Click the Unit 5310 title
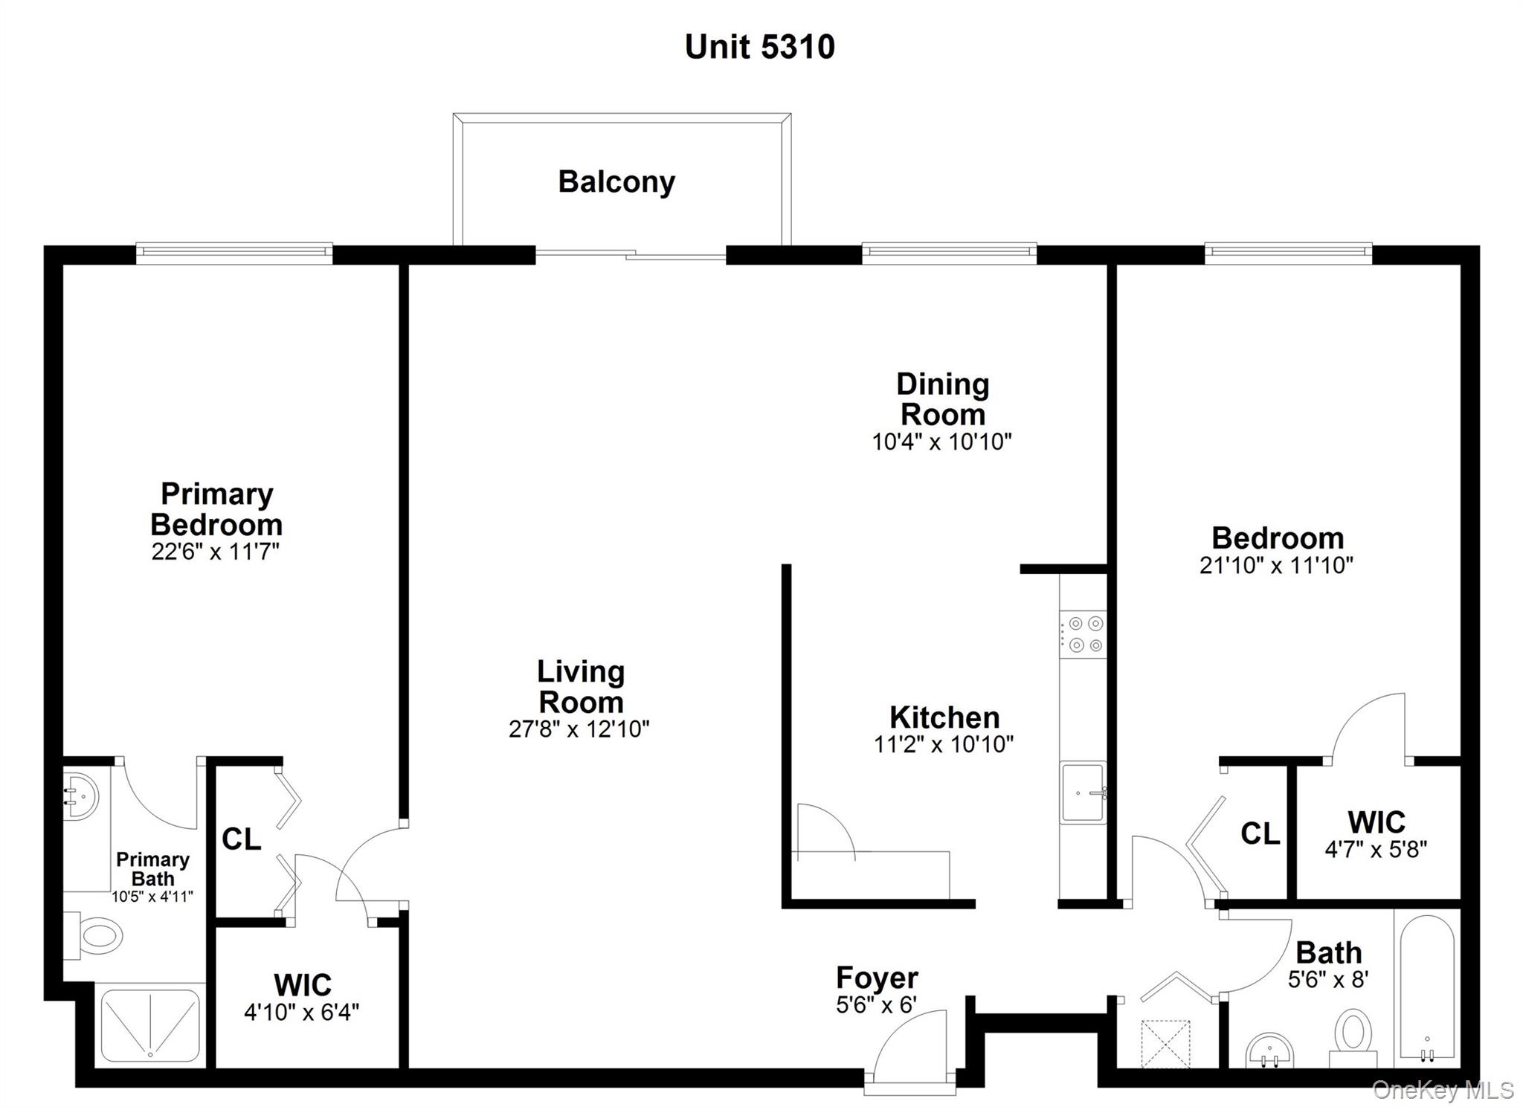pyautogui.click(x=759, y=47)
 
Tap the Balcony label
pyautogui.click(x=616, y=181)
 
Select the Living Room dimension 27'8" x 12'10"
pyautogui.click(x=579, y=729)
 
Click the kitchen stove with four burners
pyautogui.click(x=1083, y=634)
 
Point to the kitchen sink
pyautogui.click(x=1083, y=793)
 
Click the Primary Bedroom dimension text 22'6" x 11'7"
pyautogui.click(x=216, y=552)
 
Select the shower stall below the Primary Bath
pyautogui.click(x=151, y=1024)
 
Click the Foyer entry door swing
pyautogui.click(x=912, y=1044)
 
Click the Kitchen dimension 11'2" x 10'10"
pyautogui.click(x=943, y=744)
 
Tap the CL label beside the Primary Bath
pyautogui.click(x=241, y=839)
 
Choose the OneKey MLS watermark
pyautogui.click(x=1443, y=1090)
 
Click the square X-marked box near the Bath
pyautogui.click(x=1165, y=1045)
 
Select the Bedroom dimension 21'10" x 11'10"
pyautogui.click(x=1276, y=566)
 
